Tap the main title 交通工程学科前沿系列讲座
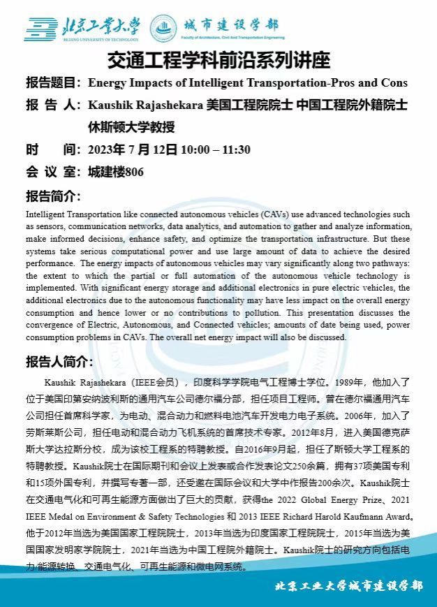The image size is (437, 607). click(218, 59)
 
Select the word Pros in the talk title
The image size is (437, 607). click(345, 83)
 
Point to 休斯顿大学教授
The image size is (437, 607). click(131, 128)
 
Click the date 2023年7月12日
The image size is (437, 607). click(133, 149)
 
